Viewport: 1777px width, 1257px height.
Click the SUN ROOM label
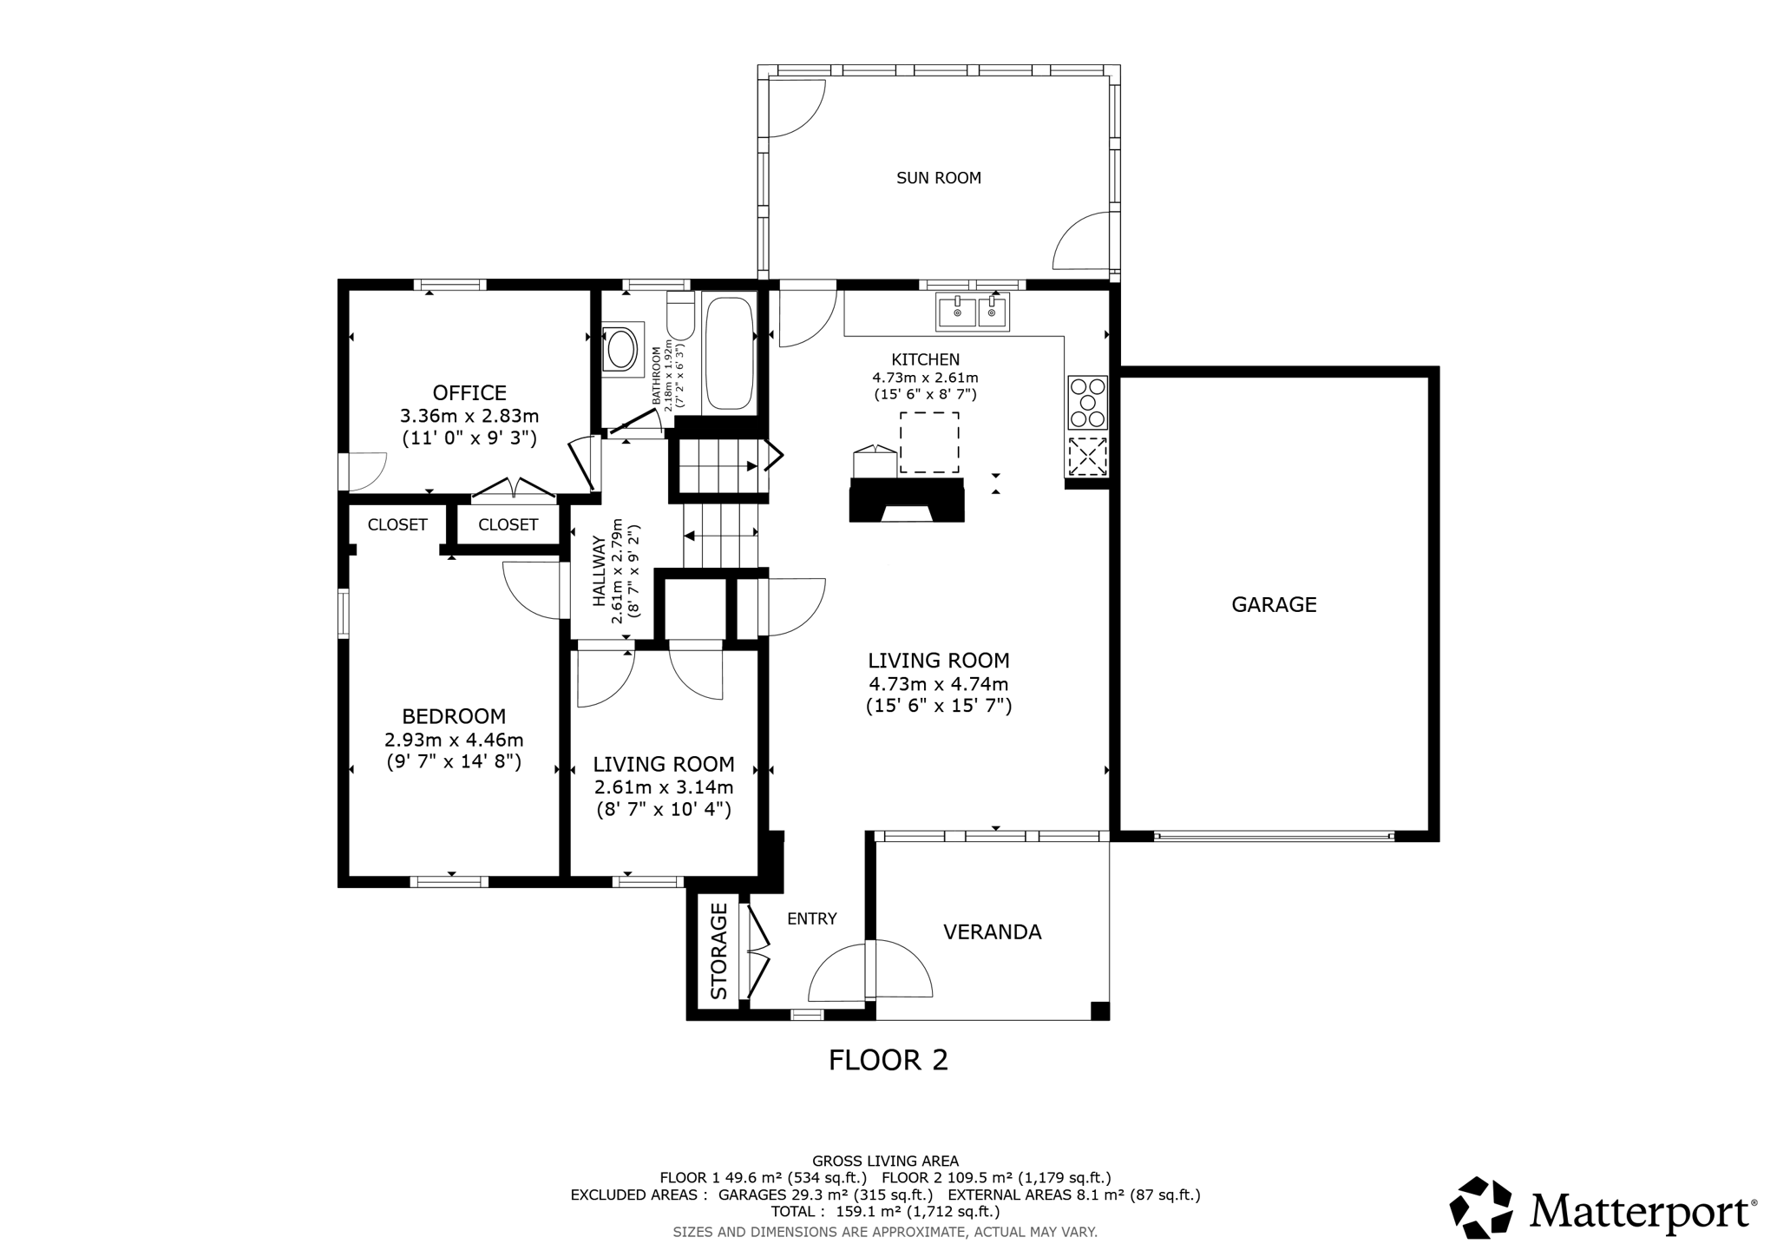pos(938,178)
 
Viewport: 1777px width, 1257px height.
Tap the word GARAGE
pos(1274,604)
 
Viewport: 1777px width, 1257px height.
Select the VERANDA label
pos(992,931)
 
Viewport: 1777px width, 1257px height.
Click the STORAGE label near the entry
pos(719,951)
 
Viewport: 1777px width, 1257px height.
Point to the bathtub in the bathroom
pos(729,353)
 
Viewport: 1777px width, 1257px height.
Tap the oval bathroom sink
pos(621,349)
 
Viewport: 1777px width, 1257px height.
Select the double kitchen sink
pos(972,312)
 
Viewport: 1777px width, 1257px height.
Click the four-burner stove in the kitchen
pos(1087,402)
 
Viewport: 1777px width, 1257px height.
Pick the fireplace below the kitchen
pos(907,500)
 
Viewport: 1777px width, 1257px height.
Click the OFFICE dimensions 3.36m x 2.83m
pos(469,416)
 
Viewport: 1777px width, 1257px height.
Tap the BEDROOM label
pos(454,716)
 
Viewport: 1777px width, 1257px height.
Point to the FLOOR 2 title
pos(888,1060)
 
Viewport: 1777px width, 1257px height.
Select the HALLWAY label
pos(600,570)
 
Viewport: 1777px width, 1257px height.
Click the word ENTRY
pos(811,918)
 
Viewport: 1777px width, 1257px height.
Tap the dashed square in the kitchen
pos(929,443)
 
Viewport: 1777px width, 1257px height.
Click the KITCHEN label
pos(925,359)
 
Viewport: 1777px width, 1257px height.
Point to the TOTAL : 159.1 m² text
pos(885,1211)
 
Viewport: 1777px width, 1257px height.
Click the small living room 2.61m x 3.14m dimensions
pos(664,787)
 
